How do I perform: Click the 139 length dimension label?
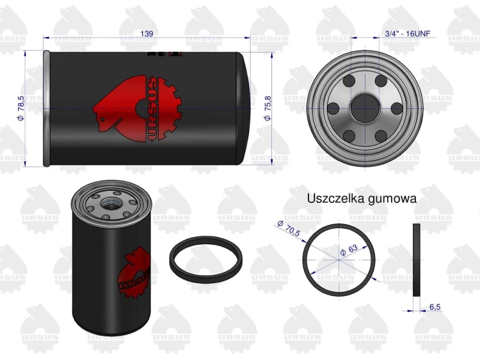[x=147, y=33]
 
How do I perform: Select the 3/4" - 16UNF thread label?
[x=408, y=33]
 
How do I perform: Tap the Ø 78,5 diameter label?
[x=20, y=108]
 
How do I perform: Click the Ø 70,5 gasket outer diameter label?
[x=289, y=228]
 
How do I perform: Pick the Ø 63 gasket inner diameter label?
[x=349, y=250]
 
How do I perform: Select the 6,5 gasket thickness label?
[x=435, y=307]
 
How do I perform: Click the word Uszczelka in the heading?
[x=335, y=198]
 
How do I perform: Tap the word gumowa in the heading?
[x=392, y=199]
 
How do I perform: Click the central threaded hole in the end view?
[x=365, y=108]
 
